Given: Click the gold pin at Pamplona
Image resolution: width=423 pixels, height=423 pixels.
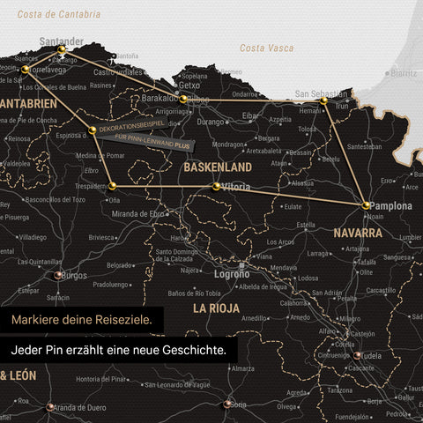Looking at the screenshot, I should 367,204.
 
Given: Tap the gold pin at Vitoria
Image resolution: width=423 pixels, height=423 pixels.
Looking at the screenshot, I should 217,186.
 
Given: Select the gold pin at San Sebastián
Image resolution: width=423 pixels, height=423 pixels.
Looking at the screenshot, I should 323,102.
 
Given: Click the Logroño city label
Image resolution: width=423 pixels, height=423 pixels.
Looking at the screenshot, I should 232,274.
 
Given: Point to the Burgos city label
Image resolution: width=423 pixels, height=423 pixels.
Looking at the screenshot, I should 74,275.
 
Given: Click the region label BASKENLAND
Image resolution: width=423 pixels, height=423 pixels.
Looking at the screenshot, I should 218,167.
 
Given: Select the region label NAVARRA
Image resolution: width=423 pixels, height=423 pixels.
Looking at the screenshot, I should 358,234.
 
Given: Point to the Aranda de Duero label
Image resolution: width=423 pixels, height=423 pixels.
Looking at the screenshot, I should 80,407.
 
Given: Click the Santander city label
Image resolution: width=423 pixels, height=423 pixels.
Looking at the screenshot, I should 62,41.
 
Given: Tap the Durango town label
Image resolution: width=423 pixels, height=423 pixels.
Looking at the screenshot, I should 211,122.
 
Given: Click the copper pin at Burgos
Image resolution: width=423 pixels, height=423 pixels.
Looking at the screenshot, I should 59,276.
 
